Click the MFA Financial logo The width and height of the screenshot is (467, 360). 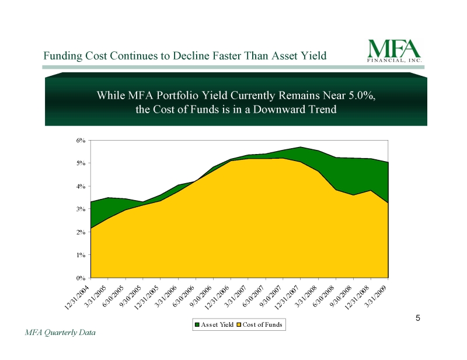coord(395,51)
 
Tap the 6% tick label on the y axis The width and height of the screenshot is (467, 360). coord(81,140)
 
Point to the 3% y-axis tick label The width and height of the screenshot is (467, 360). coord(81,209)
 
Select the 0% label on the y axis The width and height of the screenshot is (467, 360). coord(81,278)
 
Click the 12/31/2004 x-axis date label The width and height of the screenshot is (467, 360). coord(77,297)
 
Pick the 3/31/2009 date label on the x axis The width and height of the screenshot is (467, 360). coord(375,296)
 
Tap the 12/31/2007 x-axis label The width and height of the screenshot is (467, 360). coord(287,297)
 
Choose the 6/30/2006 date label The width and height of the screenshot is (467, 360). coord(184,296)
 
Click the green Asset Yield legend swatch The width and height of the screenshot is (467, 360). coord(197,324)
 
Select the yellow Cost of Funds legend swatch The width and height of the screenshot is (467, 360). coord(239,324)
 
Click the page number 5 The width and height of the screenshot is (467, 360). coord(418,319)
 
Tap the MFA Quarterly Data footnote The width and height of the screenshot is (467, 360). coord(60,333)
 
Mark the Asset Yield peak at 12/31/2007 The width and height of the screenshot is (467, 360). coord(301,147)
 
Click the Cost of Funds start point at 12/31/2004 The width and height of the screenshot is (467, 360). coord(91,228)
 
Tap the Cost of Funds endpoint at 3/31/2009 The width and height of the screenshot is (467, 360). coord(388,203)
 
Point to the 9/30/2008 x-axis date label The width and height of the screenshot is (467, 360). coord(341,296)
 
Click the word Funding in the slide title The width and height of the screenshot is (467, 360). coord(62,56)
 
